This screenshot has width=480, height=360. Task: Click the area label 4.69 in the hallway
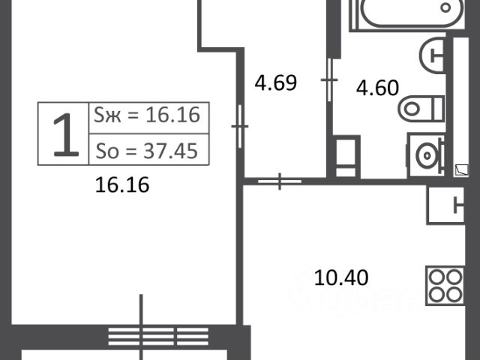(x=276, y=82)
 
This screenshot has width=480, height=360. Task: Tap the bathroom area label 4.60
(x=377, y=88)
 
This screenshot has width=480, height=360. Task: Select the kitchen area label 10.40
(x=341, y=277)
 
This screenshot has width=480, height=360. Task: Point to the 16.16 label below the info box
(x=122, y=184)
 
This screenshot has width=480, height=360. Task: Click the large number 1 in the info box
(x=65, y=135)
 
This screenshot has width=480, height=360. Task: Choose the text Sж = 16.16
(x=147, y=115)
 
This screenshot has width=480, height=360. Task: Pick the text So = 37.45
(x=147, y=151)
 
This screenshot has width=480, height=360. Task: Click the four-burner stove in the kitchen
(x=445, y=286)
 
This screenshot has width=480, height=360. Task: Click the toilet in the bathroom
(x=421, y=108)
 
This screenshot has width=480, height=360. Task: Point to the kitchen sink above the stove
(x=445, y=205)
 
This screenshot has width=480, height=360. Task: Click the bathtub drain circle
(x=445, y=7)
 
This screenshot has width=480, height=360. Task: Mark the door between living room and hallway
(x=240, y=126)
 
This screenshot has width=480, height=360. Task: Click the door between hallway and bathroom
(x=329, y=80)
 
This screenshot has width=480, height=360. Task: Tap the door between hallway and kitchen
(x=280, y=181)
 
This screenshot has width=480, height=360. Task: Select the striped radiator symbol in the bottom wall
(x=158, y=337)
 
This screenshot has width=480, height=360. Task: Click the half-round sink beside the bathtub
(x=432, y=55)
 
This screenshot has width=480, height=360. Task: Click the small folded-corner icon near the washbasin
(x=461, y=170)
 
